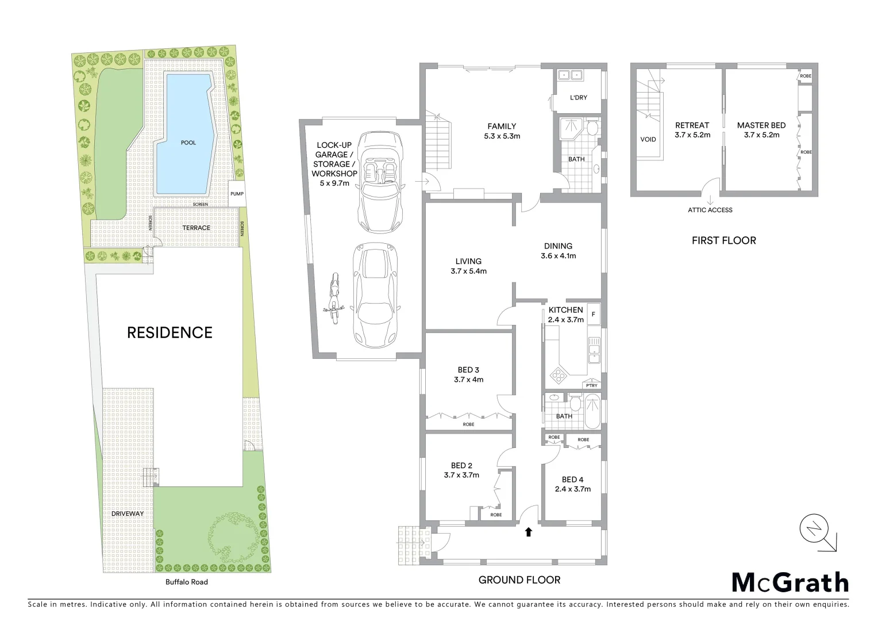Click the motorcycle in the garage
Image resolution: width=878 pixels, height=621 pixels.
pyautogui.click(x=332, y=300)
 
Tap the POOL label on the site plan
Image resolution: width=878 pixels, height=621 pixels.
pyautogui.click(x=188, y=143)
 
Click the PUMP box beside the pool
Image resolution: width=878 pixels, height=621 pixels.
pyautogui.click(x=237, y=194)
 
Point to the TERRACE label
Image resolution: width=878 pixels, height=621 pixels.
pyautogui.click(x=197, y=228)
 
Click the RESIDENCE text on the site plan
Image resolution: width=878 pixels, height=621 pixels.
pyautogui.click(x=170, y=332)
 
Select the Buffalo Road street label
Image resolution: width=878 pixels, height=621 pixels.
pyautogui.click(x=187, y=582)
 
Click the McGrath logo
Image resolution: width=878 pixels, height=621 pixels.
pyautogui.click(x=790, y=582)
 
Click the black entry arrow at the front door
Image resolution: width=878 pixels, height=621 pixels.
pyautogui.click(x=529, y=532)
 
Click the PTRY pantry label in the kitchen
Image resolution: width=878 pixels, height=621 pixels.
pyautogui.click(x=592, y=385)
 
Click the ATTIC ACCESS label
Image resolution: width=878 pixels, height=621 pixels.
pyautogui.click(x=710, y=210)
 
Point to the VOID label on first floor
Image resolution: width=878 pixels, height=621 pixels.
pyautogui.click(x=648, y=140)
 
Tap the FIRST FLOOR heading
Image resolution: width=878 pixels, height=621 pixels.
pyautogui.click(x=723, y=240)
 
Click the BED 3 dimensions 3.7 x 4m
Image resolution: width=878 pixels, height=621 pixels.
pyautogui.click(x=468, y=379)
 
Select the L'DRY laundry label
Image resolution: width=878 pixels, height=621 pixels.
pyautogui.click(x=579, y=98)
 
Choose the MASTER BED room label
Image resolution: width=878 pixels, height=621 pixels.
pyautogui.click(x=761, y=125)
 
